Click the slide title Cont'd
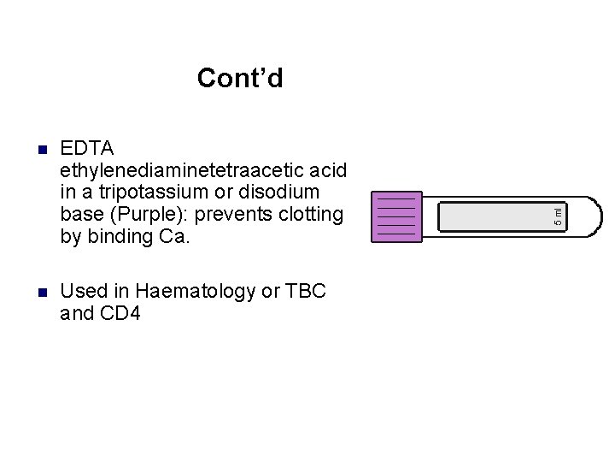click(240, 79)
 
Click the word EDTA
click(87, 148)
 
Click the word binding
click(120, 236)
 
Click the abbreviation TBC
click(306, 291)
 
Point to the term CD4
click(120, 313)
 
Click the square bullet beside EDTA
click(41, 150)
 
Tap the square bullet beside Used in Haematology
click(41, 293)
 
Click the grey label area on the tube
click(495, 216)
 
